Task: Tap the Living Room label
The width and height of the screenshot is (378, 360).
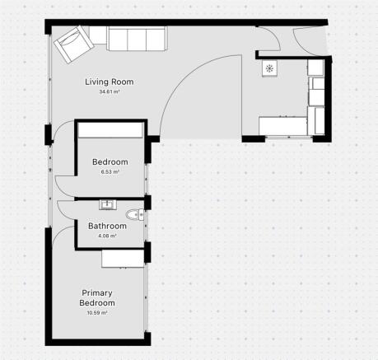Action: (110, 82)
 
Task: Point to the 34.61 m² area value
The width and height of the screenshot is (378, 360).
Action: (110, 92)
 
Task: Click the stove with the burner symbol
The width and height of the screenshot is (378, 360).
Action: (269, 69)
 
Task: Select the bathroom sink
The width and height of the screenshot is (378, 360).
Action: (105, 203)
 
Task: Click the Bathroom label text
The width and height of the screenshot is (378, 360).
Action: (107, 225)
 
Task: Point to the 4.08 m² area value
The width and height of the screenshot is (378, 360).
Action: (107, 236)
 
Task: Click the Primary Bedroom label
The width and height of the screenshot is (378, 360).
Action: (97, 297)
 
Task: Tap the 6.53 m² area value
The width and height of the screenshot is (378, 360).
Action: (110, 173)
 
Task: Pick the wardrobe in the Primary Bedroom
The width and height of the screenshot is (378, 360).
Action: (124, 259)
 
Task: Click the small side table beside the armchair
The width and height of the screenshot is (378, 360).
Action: (98, 35)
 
